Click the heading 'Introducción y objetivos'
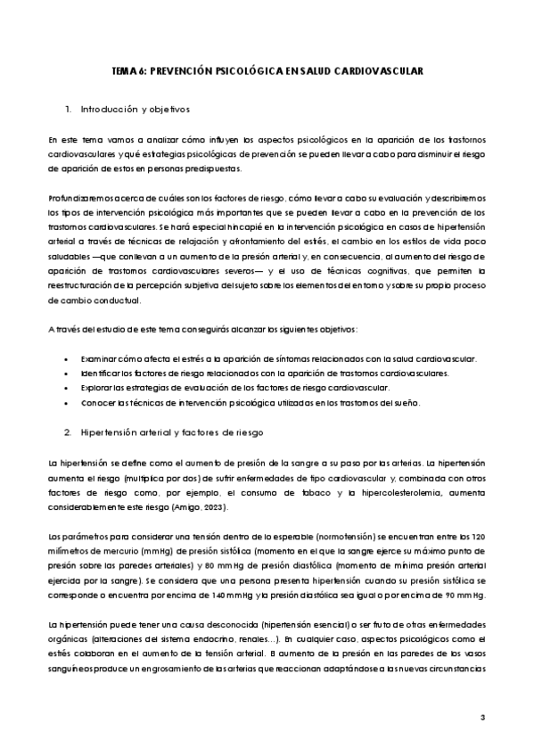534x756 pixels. click(136, 110)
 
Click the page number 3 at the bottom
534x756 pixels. click(482, 718)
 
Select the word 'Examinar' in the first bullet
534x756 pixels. click(99, 358)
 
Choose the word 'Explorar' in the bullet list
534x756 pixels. click(97, 388)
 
